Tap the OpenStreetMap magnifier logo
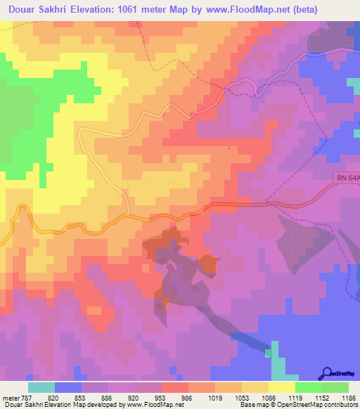327,373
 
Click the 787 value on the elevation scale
27,397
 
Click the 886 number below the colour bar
108,397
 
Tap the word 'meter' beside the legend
10,397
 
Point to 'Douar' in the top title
21,10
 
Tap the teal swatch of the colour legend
41,387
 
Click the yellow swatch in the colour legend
281,387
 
